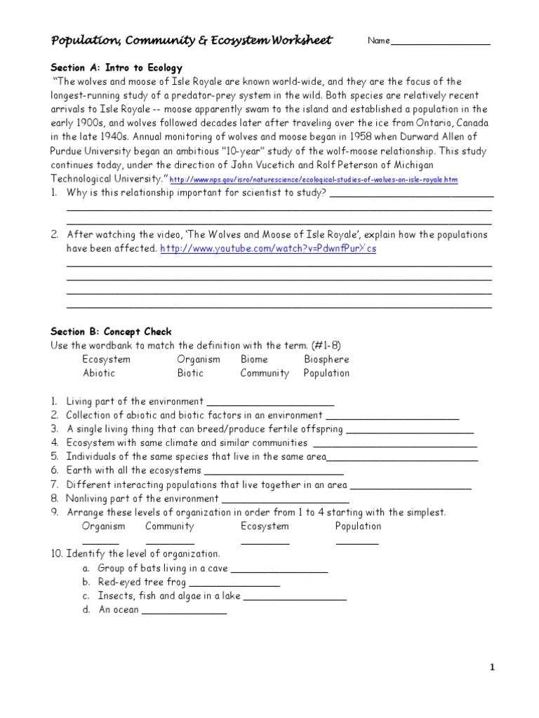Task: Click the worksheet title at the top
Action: pos(192,40)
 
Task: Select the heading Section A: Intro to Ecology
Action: pos(117,68)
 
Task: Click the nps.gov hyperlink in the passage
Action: pos(314,180)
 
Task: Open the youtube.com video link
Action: pos(268,249)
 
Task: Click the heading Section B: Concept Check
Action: pos(111,332)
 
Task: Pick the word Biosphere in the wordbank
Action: pos(326,360)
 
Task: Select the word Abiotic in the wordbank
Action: pos(99,374)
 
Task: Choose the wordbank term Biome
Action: pos(255,360)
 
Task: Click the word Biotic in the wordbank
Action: pos(190,374)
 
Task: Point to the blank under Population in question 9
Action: pos(357,543)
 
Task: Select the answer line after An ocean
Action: pos(184,612)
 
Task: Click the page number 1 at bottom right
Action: pos(493,668)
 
